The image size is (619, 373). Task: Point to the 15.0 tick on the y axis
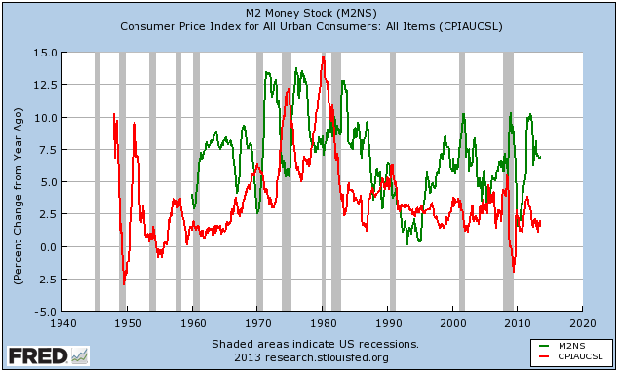(x=42, y=53)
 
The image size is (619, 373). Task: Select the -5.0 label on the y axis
(x=42, y=312)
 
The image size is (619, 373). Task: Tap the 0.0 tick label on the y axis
(x=46, y=247)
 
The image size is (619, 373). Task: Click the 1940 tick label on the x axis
(x=63, y=322)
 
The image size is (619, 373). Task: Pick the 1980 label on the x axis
(x=323, y=322)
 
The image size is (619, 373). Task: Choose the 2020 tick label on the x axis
(x=583, y=322)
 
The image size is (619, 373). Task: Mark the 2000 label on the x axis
(x=453, y=322)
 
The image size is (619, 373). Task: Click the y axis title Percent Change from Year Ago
(x=19, y=182)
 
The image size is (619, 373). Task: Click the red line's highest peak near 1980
(x=323, y=56)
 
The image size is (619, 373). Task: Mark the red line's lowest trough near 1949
(x=124, y=283)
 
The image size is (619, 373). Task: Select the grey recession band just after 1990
(x=392, y=182)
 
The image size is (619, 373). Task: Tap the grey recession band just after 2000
(x=461, y=182)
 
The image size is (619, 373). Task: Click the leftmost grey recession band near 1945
(x=97, y=182)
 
